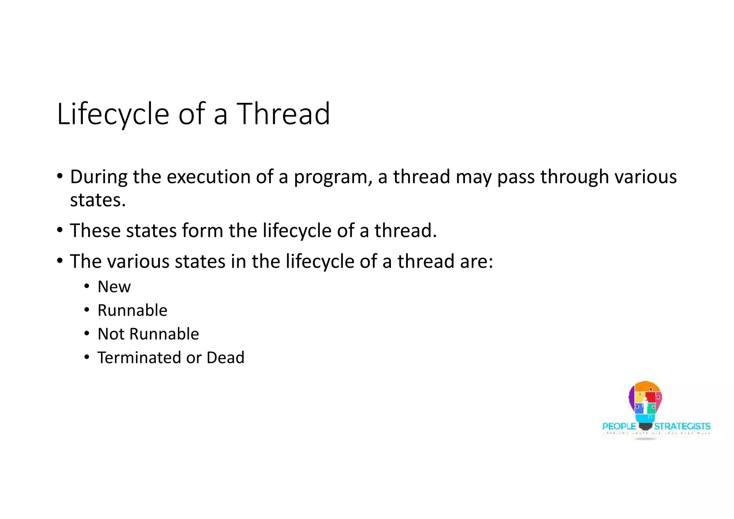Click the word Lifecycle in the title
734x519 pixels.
tap(113, 114)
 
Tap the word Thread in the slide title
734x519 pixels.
tap(283, 114)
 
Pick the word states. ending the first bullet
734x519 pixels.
tap(97, 200)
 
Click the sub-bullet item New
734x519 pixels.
tap(114, 287)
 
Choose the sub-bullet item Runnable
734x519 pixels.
tap(132, 310)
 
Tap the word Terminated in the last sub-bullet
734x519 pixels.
tap(139, 358)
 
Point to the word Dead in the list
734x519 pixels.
tap(225, 358)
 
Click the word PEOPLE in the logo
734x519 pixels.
tap(619, 426)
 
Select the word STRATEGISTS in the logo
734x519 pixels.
tap(682, 426)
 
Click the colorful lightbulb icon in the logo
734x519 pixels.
tap(645, 403)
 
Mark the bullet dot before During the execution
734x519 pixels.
tap(60, 176)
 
